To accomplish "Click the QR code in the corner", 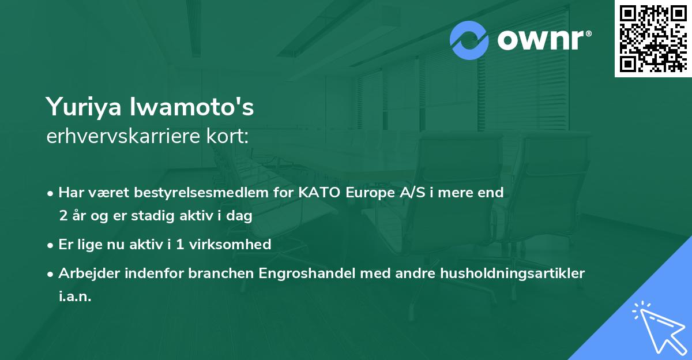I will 653,38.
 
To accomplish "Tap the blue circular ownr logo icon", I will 469,40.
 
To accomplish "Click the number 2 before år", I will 62,216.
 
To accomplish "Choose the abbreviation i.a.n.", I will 75,297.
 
